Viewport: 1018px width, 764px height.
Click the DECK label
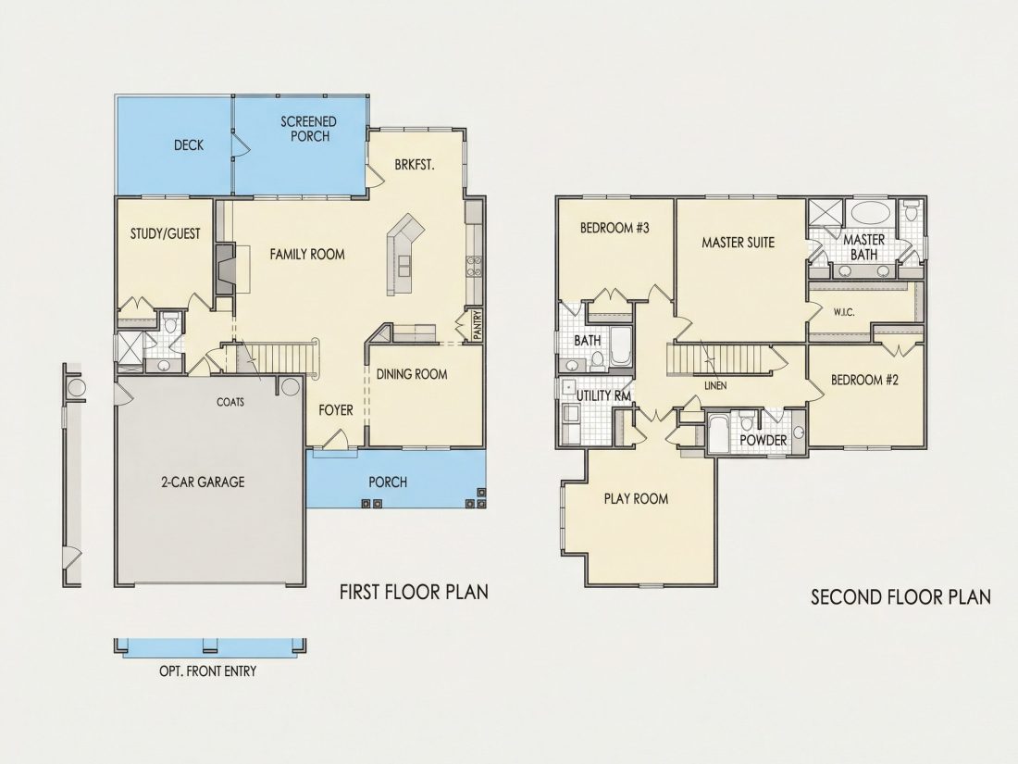[x=189, y=144]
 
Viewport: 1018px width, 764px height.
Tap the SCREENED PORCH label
[x=309, y=129]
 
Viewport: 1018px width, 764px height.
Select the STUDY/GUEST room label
[x=166, y=233]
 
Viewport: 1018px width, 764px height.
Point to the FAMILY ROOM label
[x=307, y=254]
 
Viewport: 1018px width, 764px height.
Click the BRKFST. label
[x=415, y=165]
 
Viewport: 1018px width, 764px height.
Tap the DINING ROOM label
[x=412, y=373]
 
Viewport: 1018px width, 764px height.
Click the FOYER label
[x=336, y=410]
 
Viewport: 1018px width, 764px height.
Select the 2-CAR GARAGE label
[x=203, y=482]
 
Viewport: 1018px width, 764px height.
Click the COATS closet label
[x=230, y=402]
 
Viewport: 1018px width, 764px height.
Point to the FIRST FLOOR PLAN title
[x=415, y=591]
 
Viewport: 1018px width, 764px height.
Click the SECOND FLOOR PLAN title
[x=901, y=596]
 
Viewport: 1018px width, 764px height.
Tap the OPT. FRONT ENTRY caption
[x=207, y=671]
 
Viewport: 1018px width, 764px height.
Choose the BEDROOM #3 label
[x=615, y=228]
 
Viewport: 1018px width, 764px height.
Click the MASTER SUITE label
[x=739, y=243]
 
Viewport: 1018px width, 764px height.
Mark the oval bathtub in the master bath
[x=870, y=212]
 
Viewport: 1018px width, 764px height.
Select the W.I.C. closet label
[x=844, y=312]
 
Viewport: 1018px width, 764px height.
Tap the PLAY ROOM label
[x=636, y=498]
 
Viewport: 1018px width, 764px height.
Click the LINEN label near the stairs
[x=715, y=386]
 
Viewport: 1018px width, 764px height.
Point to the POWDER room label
[x=763, y=440]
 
